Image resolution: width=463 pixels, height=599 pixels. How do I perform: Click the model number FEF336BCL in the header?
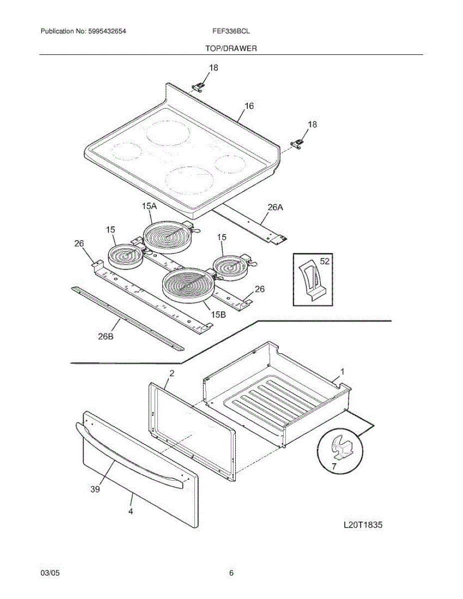231,31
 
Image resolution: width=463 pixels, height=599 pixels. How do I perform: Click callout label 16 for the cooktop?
249,106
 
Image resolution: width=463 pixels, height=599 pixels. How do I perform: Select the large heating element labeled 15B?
187,285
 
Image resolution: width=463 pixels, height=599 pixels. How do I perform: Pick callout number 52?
325,261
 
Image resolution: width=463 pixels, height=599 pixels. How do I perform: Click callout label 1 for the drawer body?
343,371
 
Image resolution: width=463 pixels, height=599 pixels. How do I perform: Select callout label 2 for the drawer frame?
171,373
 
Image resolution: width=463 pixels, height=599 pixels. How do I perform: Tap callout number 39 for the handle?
95,489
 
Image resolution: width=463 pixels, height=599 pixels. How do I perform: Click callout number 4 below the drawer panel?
130,512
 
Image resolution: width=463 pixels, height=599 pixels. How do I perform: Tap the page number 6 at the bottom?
231,573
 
